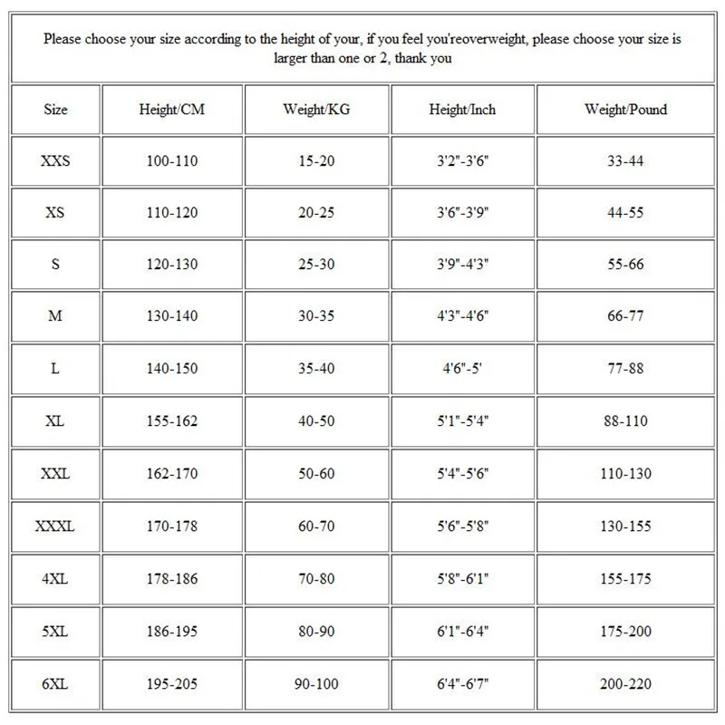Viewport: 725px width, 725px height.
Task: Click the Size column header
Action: pos(55,110)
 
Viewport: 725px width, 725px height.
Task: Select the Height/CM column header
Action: pos(172,110)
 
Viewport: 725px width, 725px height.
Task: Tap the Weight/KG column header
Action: pos(316,110)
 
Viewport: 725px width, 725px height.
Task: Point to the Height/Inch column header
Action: pos(462,110)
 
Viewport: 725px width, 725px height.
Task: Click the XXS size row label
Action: pos(55,161)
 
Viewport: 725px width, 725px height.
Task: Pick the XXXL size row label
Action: pos(55,526)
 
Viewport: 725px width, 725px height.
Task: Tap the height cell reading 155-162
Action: pos(172,421)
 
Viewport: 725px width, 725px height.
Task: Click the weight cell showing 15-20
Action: pos(316,161)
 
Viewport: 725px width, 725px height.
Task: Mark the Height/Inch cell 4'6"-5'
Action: pos(462,370)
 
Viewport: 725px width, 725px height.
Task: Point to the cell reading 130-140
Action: pos(172,317)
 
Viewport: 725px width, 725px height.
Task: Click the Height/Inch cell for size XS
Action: pos(462,213)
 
